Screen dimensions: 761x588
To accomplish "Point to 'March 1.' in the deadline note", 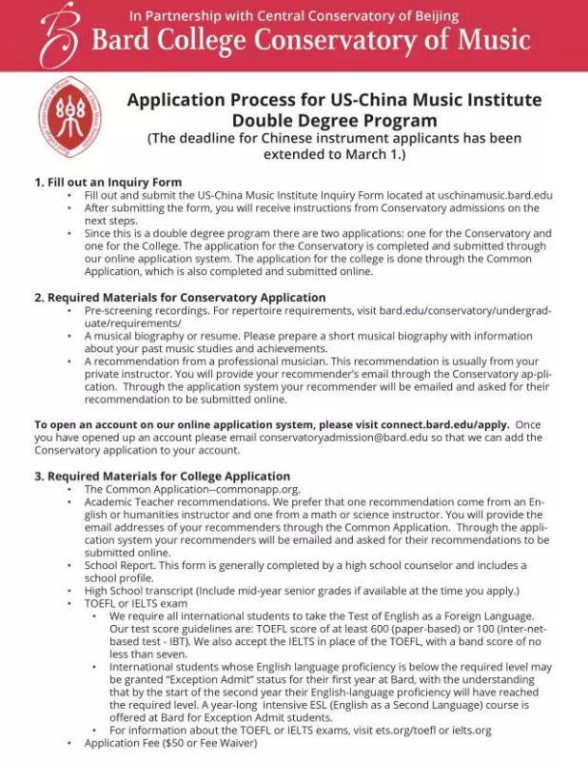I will coord(376,154).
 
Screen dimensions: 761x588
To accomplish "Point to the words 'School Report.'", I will coord(119,565).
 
